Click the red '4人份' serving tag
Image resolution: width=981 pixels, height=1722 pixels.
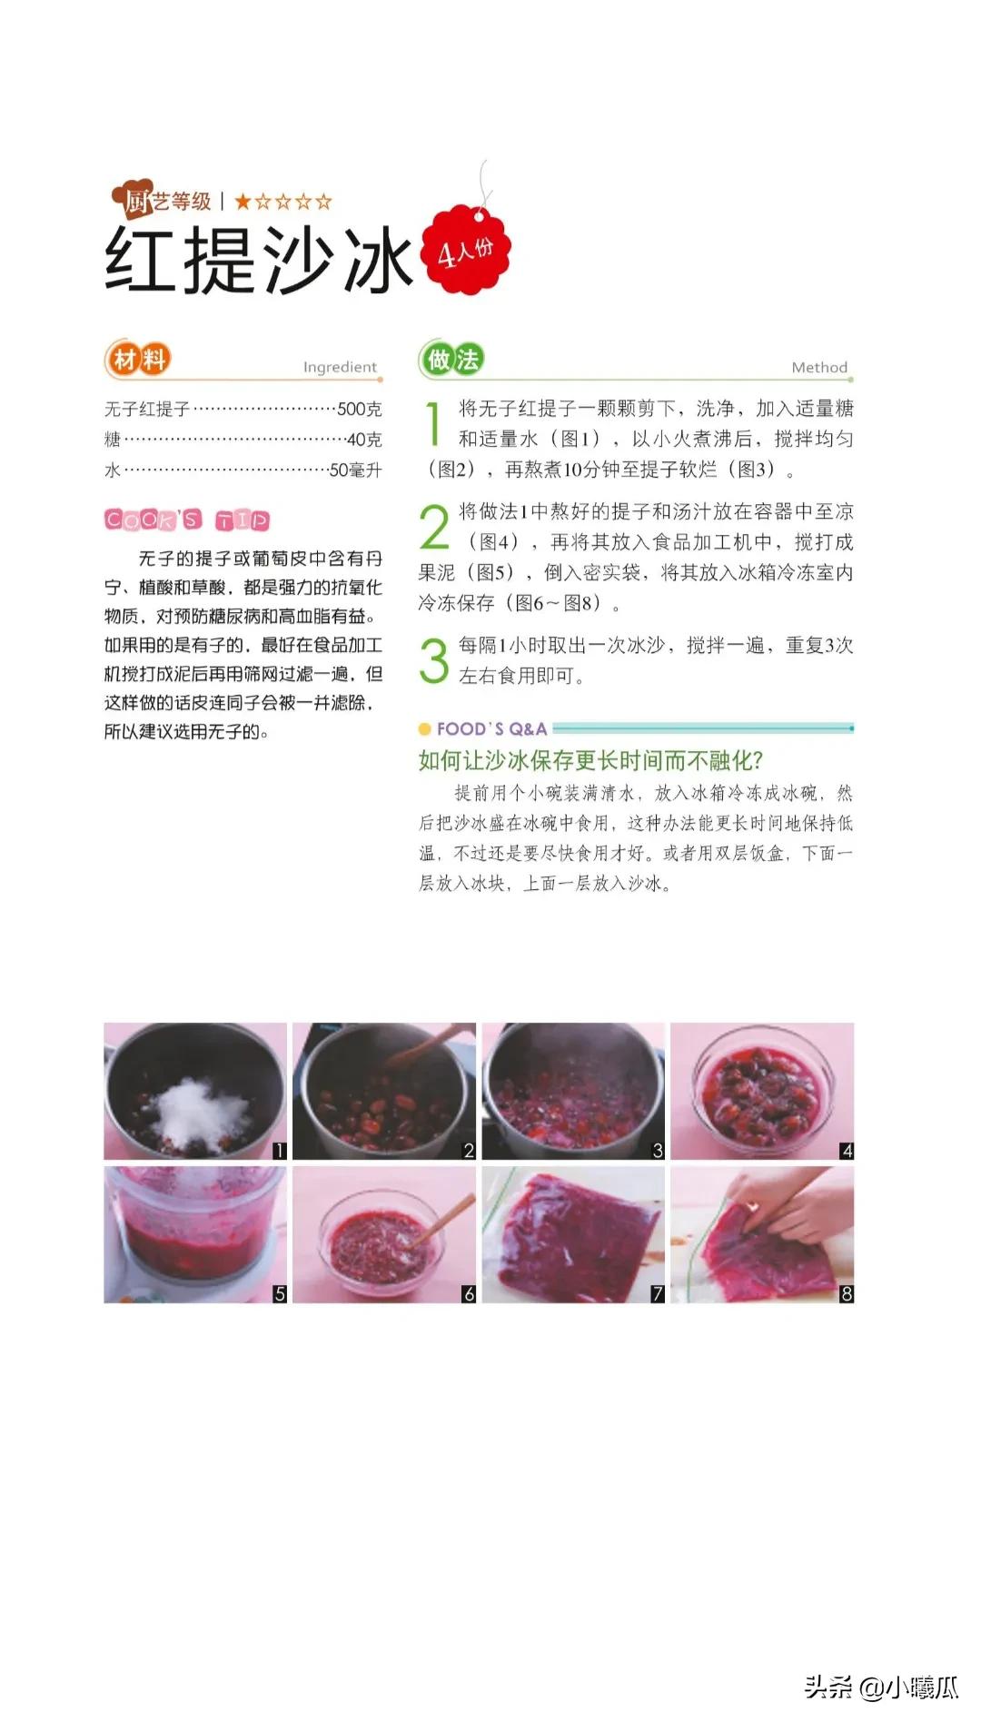click(465, 250)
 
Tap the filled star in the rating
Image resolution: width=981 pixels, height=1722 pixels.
click(243, 202)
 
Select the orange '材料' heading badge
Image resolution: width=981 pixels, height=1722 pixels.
click(138, 360)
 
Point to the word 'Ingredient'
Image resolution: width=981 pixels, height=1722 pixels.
click(340, 367)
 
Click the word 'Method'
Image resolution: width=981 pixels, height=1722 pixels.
click(819, 367)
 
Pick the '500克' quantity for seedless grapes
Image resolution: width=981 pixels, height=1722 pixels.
click(359, 410)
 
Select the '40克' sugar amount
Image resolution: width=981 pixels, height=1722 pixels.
click(363, 440)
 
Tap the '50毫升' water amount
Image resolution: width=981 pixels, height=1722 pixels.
click(355, 470)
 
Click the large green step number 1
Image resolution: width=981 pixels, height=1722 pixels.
click(434, 424)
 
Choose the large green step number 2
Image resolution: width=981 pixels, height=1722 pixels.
click(434, 528)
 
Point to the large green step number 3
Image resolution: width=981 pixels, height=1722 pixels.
click(434, 659)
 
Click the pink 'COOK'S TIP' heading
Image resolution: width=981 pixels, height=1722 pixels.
click(187, 520)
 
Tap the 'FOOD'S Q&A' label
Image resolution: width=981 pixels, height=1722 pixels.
click(490, 728)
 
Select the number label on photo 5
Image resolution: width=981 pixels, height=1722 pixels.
click(280, 1294)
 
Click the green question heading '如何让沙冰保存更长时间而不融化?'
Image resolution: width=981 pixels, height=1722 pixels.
click(590, 760)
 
